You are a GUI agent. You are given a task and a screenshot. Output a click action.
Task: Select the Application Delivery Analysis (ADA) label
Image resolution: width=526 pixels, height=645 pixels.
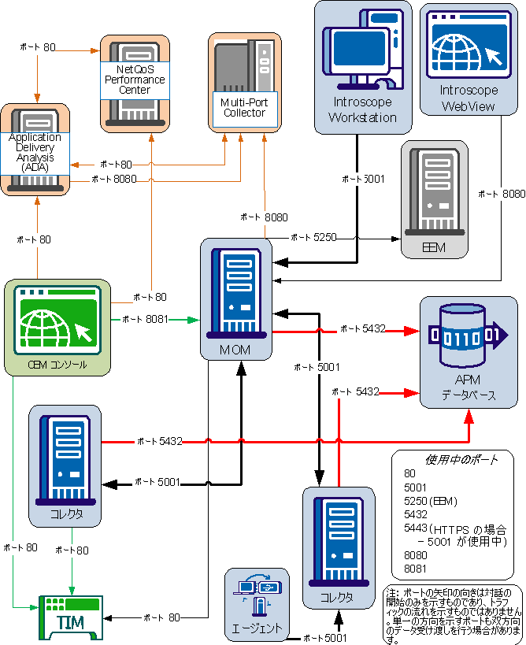coord(35,153)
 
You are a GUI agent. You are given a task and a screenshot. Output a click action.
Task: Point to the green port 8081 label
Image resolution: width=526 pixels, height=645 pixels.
coord(146,319)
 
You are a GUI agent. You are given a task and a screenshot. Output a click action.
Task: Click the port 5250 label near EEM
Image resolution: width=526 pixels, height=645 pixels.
coord(313,236)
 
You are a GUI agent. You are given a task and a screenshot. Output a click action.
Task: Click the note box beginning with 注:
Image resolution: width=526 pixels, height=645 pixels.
coord(454,615)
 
